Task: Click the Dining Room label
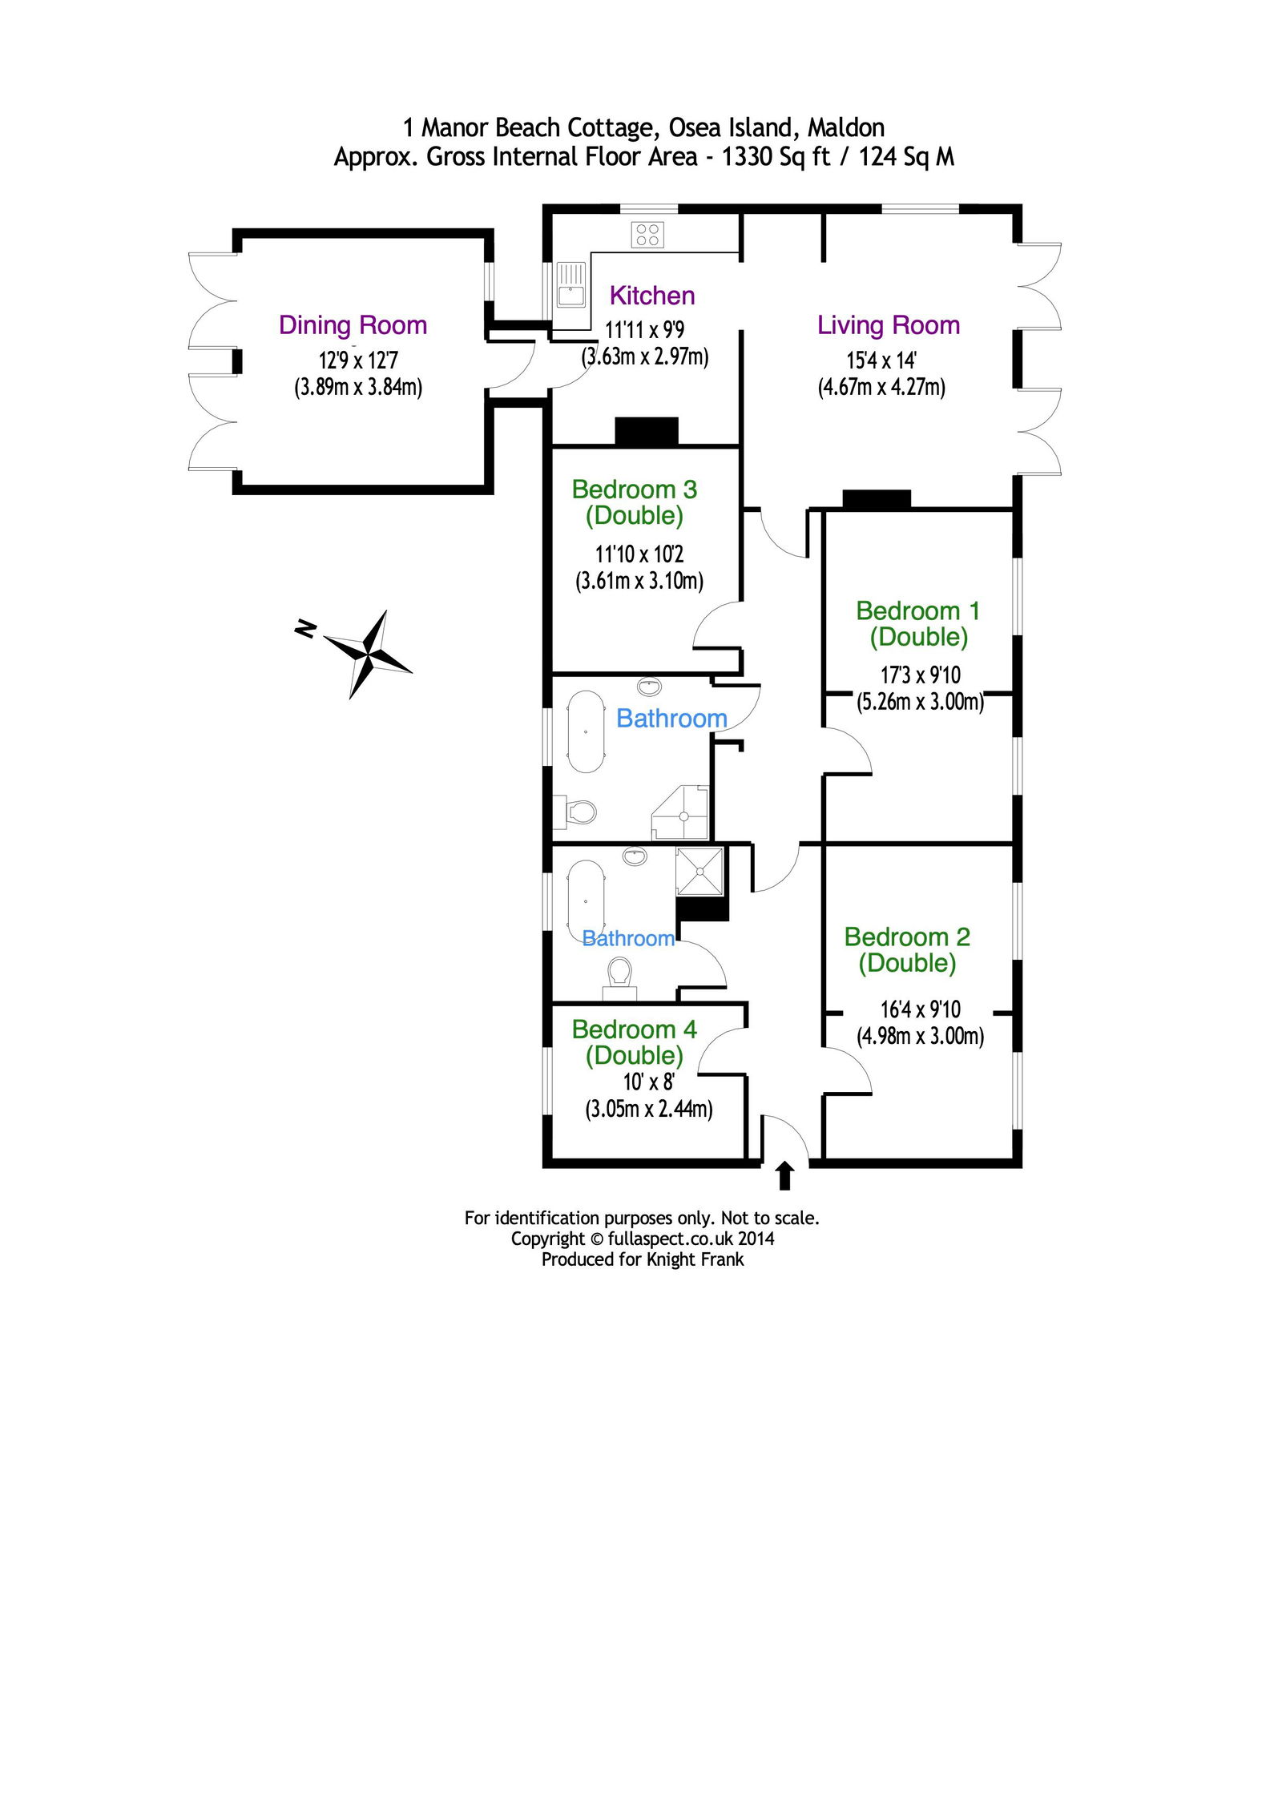coord(353,326)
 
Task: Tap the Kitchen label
coord(652,296)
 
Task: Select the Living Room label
coord(889,325)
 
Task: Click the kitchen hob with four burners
coord(647,235)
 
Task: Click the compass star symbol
coord(369,654)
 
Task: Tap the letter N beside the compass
coord(305,629)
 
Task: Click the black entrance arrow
coord(785,1175)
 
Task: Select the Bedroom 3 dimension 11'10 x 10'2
coord(639,554)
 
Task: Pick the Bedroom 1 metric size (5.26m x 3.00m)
coord(920,702)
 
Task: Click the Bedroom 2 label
coord(907,949)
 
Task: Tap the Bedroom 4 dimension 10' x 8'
coord(649,1082)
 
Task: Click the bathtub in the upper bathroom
coord(586,731)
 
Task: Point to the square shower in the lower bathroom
coord(700,871)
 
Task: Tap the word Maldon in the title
coord(846,128)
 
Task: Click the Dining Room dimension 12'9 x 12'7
coord(358,361)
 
